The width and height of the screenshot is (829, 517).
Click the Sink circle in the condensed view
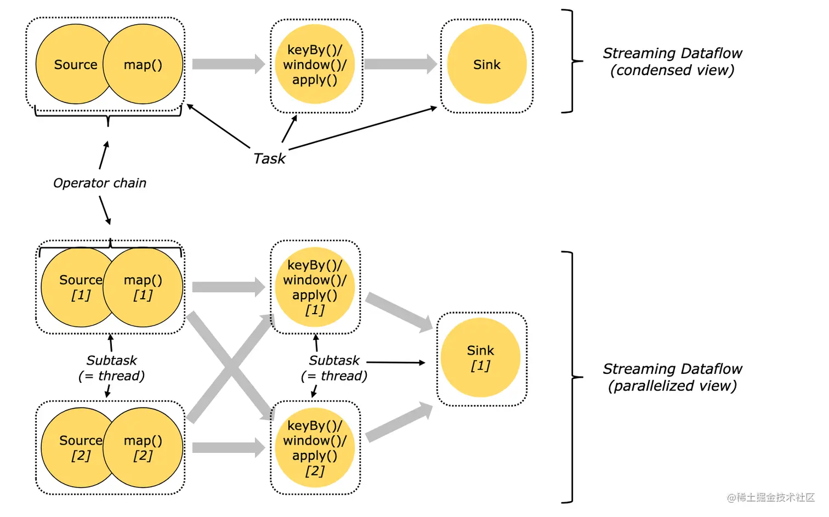[x=486, y=64]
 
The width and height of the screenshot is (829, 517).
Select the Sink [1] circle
[x=480, y=357]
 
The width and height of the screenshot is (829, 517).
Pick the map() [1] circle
[x=144, y=287]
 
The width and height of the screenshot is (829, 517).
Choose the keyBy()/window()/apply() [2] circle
[x=315, y=447]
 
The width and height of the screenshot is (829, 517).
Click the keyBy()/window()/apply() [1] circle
[x=315, y=287]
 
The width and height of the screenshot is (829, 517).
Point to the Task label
[x=269, y=158]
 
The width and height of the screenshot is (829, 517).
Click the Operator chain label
[x=100, y=183]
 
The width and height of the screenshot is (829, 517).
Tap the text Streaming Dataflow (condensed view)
[x=672, y=61]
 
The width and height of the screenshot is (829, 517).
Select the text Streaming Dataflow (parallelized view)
[x=672, y=377]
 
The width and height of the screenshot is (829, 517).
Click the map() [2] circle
[x=144, y=447]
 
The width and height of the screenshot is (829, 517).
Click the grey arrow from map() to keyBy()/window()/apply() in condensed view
[x=228, y=64]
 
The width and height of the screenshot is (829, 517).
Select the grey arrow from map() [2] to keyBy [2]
[x=228, y=447]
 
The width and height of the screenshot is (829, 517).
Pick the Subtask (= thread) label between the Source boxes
[x=111, y=368]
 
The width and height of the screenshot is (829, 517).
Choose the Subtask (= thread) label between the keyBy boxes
[x=334, y=368]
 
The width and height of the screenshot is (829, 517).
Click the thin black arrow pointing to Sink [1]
[x=395, y=362]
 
